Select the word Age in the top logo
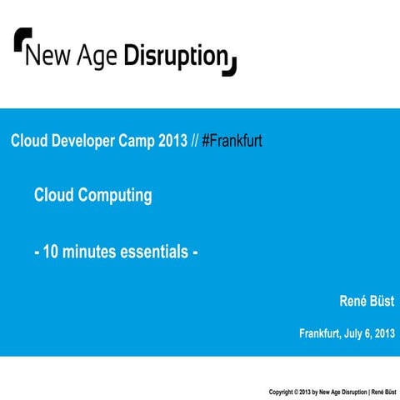click(x=98, y=57)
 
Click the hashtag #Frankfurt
click(x=232, y=141)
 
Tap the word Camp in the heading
click(x=139, y=141)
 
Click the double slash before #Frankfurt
click(x=194, y=141)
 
